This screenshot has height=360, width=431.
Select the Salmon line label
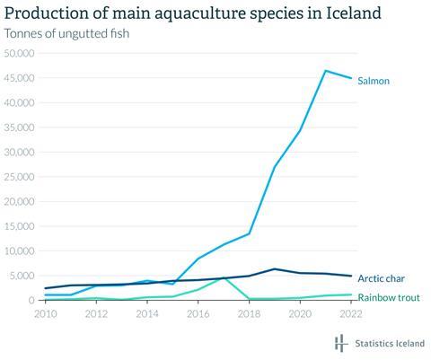(x=374, y=81)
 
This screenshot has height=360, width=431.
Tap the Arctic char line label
(x=382, y=278)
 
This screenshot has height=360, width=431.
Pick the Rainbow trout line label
(x=389, y=297)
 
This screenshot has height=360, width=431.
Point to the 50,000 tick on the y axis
(x=20, y=54)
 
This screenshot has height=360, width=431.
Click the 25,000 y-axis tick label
(x=20, y=177)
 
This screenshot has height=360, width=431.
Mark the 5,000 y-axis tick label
(x=22, y=276)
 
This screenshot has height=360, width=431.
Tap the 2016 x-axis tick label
(x=198, y=315)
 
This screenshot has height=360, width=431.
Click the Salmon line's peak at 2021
(x=325, y=71)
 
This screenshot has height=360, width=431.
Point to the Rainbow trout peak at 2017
(x=224, y=278)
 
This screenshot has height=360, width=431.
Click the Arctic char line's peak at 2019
(x=275, y=269)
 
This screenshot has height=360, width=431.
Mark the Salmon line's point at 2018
(x=249, y=233)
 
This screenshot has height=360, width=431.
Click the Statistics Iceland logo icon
(x=340, y=344)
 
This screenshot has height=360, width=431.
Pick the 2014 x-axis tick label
(x=148, y=315)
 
